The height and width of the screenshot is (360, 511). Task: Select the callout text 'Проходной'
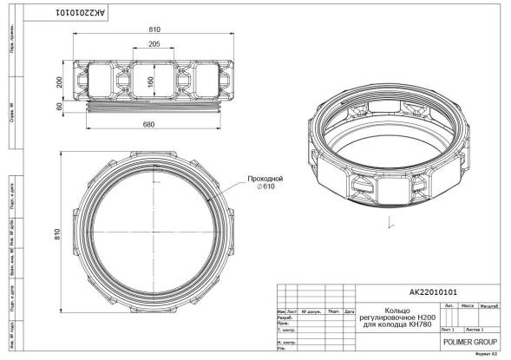click(265, 178)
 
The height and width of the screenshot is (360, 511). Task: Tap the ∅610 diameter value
click(265, 187)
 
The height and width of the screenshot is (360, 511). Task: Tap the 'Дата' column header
click(350, 311)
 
